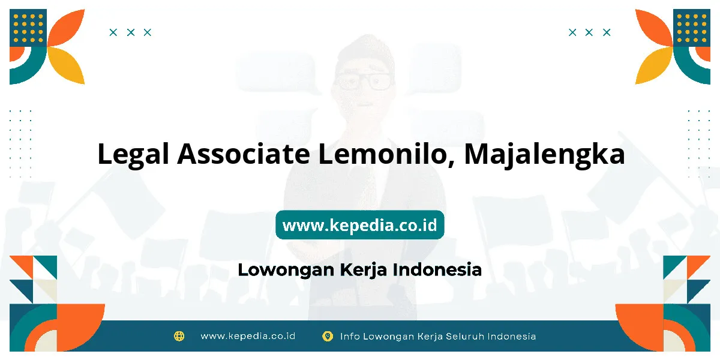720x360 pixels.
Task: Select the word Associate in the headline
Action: coord(244,154)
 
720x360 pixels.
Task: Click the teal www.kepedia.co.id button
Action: coord(360,224)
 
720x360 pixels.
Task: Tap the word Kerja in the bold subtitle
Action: coord(363,270)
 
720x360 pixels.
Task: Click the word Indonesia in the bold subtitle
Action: coord(437,269)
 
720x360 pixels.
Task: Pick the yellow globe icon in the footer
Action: coord(179,336)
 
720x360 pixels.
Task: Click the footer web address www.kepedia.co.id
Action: coord(248,336)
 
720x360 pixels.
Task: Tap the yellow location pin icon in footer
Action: coord(328,336)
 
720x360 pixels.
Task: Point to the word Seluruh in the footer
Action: coord(465,336)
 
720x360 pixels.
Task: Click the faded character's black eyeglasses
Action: coord(364,81)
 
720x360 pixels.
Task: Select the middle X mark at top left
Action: coord(131,32)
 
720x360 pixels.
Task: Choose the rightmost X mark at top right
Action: coord(607,32)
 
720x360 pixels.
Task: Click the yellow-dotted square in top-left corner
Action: coord(28,28)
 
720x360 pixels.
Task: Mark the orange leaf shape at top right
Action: coord(654,28)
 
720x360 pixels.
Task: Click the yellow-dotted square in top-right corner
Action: coord(692,28)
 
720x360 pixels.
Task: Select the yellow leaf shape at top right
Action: coord(654,65)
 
